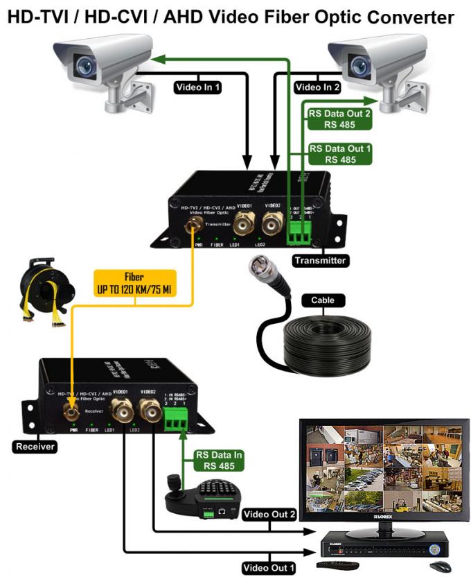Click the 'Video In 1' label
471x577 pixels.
coord(197,87)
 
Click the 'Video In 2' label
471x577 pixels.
coord(318,87)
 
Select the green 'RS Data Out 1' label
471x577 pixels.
coord(340,153)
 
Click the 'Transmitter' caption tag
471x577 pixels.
coord(319,261)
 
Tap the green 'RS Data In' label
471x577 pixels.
coord(219,460)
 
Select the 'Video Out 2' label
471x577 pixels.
coord(269,515)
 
